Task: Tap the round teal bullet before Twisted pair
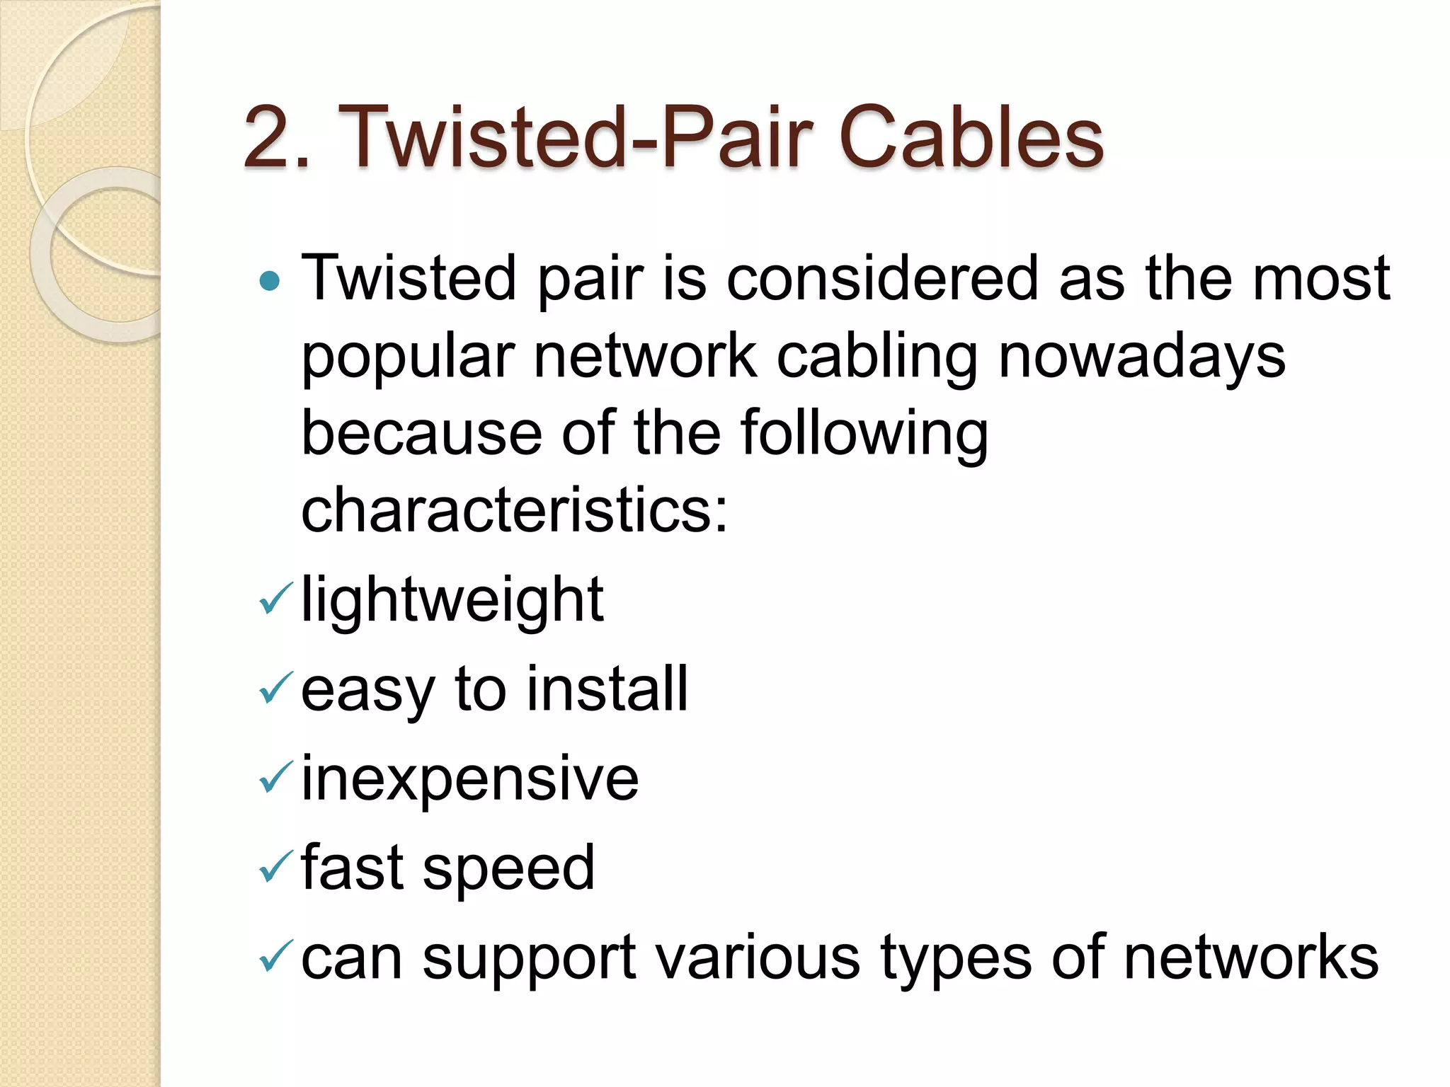(x=270, y=282)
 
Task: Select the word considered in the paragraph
(x=882, y=278)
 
